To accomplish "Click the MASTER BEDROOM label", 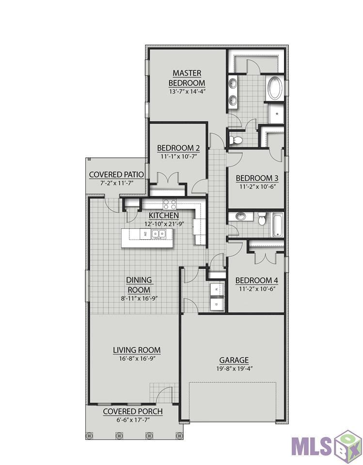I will click(187, 78).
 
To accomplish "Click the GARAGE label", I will click(234, 360).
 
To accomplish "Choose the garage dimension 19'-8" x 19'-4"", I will click(234, 368).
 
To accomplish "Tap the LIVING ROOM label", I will click(137, 350).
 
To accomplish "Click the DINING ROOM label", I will click(139, 285).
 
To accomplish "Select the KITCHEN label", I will click(163, 215).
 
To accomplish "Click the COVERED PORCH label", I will click(133, 411).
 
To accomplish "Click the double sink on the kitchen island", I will click(158, 234).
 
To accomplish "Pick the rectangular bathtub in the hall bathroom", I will click(278, 225).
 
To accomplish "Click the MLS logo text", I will click(313, 444).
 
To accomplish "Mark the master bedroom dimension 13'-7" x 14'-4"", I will click(187, 91).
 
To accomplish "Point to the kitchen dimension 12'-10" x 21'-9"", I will click(163, 223).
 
